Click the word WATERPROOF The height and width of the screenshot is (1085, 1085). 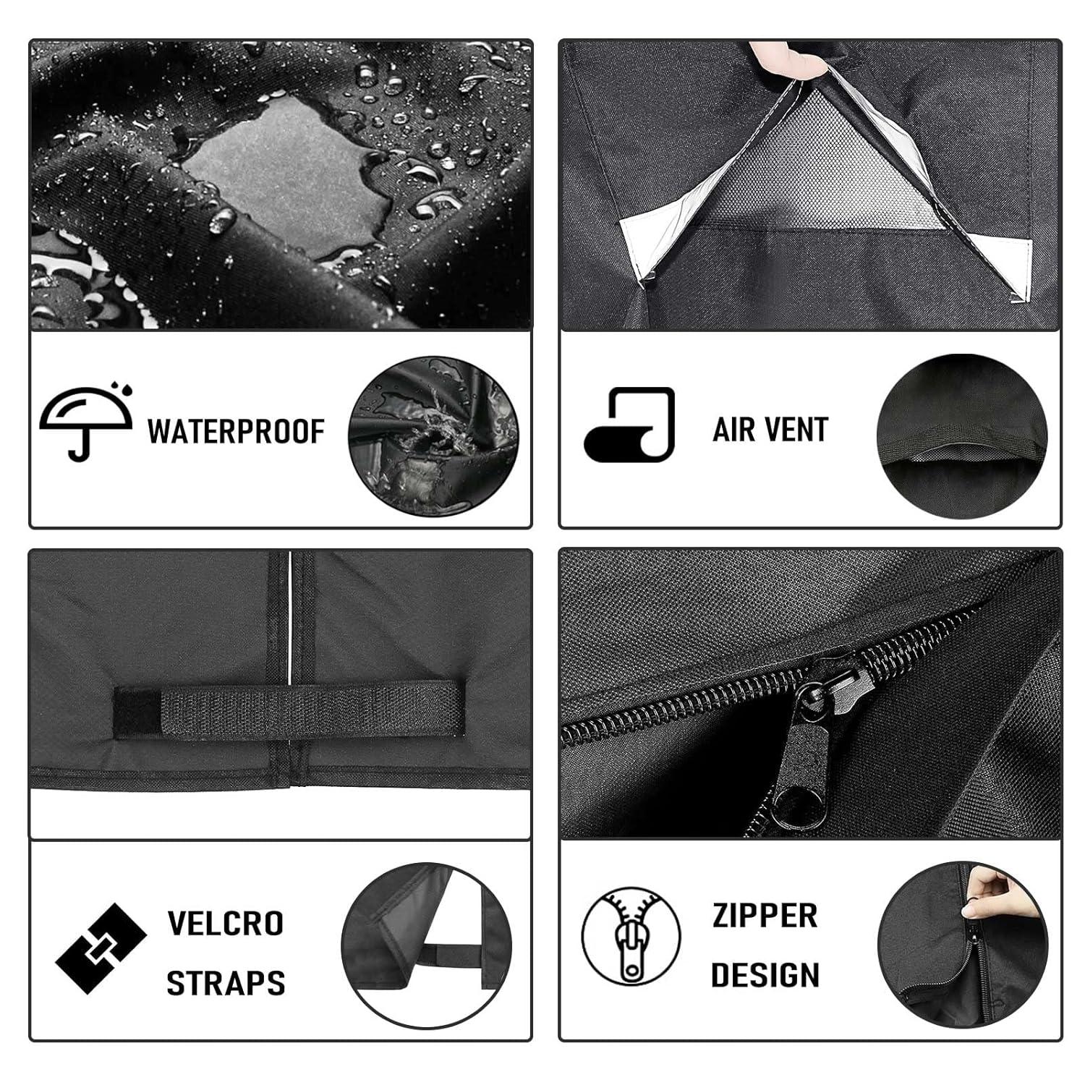[237, 431]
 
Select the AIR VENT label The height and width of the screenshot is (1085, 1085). [770, 430]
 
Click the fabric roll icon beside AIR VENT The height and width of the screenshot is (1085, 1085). [629, 425]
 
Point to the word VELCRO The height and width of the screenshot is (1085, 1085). [226, 924]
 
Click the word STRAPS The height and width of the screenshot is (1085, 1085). [226, 983]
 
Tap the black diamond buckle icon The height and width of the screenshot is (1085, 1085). [101, 948]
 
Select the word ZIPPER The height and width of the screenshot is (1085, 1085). [765, 916]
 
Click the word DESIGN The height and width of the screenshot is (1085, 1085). [765, 975]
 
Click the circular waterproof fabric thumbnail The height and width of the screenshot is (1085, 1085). [433, 435]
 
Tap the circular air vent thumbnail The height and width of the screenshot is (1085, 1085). [962, 435]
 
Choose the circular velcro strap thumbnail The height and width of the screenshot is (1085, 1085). [426, 948]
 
